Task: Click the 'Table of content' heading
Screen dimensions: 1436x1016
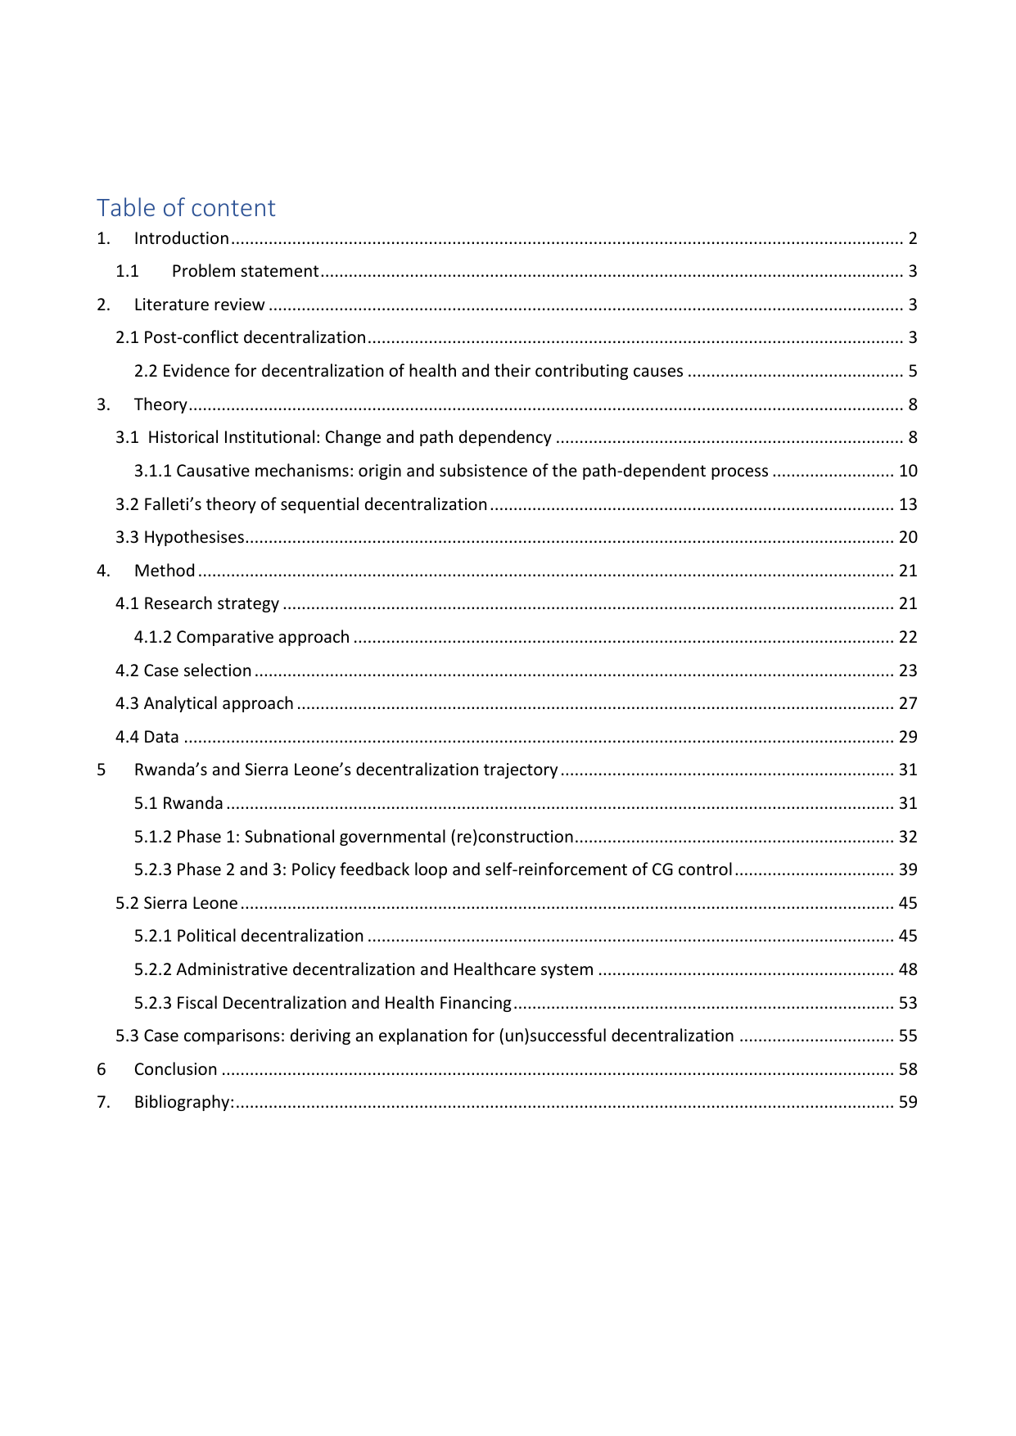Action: pyautogui.click(x=186, y=208)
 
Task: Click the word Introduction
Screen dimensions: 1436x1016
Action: pyautogui.click(x=181, y=238)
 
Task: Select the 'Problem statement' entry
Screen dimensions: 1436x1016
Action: pyautogui.click(x=245, y=271)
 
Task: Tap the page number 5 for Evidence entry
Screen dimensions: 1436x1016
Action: pyautogui.click(x=912, y=371)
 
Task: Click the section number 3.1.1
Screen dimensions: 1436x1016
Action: pyautogui.click(x=153, y=471)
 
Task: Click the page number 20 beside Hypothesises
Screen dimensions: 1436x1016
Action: pyautogui.click(x=908, y=537)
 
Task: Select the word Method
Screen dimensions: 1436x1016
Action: pyautogui.click(x=165, y=571)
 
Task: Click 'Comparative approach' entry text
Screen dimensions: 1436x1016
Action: pyautogui.click(x=262, y=637)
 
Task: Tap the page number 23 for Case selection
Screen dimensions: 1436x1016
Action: pyautogui.click(x=908, y=671)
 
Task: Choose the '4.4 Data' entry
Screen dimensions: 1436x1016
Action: pyautogui.click(x=147, y=737)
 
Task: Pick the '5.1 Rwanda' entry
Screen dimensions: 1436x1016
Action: pyautogui.click(x=178, y=803)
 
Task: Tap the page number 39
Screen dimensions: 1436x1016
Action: pyautogui.click(x=908, y=869)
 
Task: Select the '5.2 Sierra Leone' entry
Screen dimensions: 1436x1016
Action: pyautogui.click(x=177, y=903)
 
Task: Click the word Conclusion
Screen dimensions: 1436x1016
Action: pyautogui.click(x=175, y=1069)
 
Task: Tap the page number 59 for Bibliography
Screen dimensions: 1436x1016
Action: pyautogui.click(x=908, y=1102)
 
